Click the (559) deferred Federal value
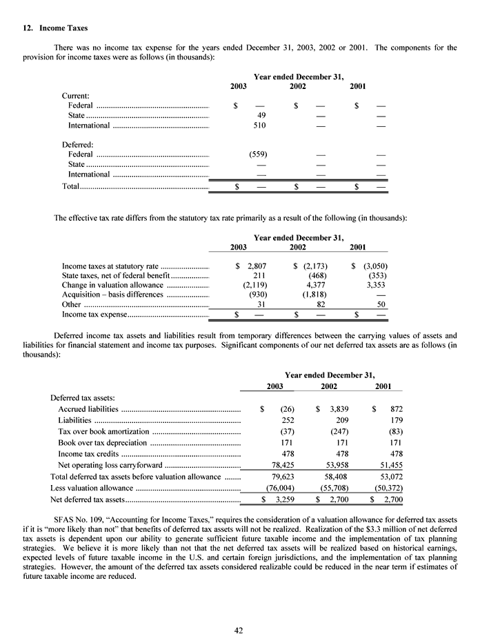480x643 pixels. coord(258,154)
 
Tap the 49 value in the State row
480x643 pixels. coord(261,115)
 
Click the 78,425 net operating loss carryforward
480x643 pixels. coord(279,465)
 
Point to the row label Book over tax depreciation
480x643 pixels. coord(102,442)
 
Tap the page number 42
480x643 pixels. coord(239,629)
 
